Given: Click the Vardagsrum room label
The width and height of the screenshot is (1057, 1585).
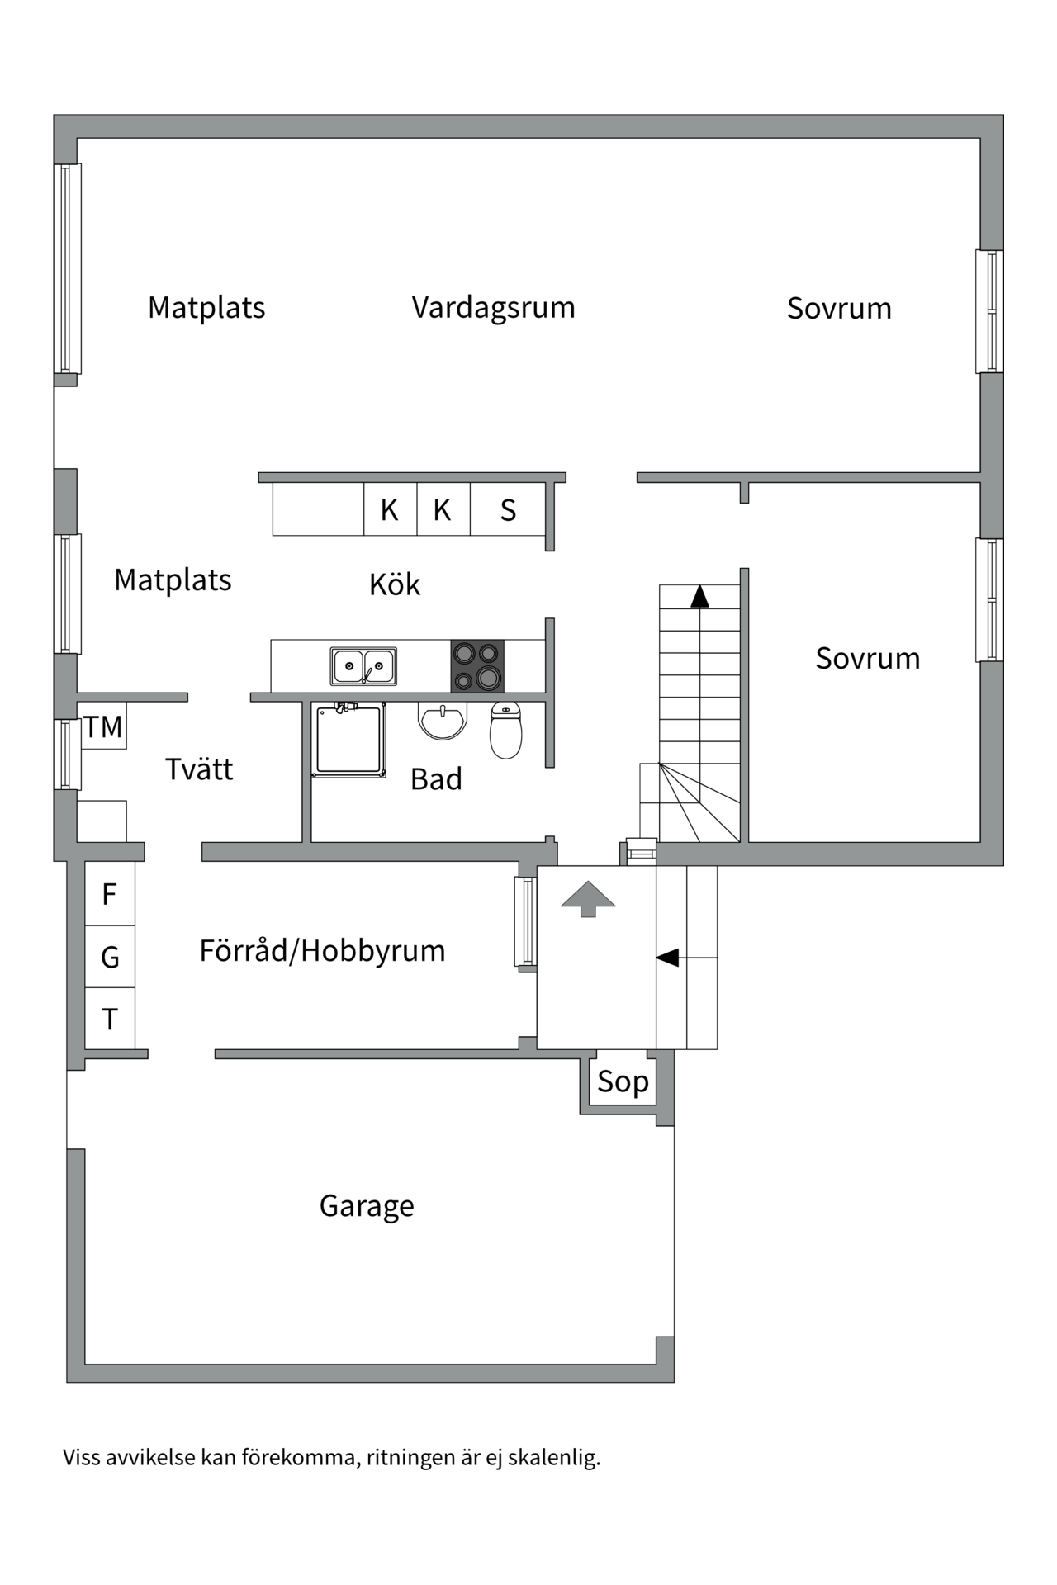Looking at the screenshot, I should coord(493,307).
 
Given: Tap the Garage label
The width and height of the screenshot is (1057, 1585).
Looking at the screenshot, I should coord(367,1206).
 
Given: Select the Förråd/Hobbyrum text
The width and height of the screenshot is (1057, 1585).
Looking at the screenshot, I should coord(322,950).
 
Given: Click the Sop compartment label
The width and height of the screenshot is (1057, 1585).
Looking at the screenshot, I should coord(623,1081).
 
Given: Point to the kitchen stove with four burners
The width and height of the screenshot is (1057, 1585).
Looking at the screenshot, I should coord(477,665).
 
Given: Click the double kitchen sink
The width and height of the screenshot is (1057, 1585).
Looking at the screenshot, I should coord(363,666).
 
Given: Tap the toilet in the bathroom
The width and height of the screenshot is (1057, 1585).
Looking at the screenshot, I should coord(506,730).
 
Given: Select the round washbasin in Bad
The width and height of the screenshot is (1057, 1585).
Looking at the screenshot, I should coord(443,720).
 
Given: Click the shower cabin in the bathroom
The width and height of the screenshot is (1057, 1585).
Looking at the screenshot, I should coord(349,740).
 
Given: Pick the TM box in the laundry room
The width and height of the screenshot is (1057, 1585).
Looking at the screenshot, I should coord(103,726).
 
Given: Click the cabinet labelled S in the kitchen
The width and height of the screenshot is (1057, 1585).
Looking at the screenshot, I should coord(508,510).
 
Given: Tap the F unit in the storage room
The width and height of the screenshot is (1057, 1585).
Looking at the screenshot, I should coord(110,894).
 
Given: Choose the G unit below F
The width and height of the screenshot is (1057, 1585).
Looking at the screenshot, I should coord(110,957).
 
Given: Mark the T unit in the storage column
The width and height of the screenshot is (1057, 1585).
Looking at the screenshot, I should coord(110,1020).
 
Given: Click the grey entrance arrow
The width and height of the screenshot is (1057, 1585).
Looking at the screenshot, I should coord(588,898).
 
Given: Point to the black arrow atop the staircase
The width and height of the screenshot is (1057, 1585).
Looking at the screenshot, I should coord(699,596).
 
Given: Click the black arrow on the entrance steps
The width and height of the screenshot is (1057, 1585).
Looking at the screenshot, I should coord(667,958).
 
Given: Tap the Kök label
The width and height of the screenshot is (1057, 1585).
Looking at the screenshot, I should coord(395,584).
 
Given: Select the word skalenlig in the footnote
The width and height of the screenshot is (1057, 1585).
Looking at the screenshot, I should coord(553,1457).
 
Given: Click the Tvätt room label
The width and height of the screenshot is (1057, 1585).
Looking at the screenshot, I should coord(199,769).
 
